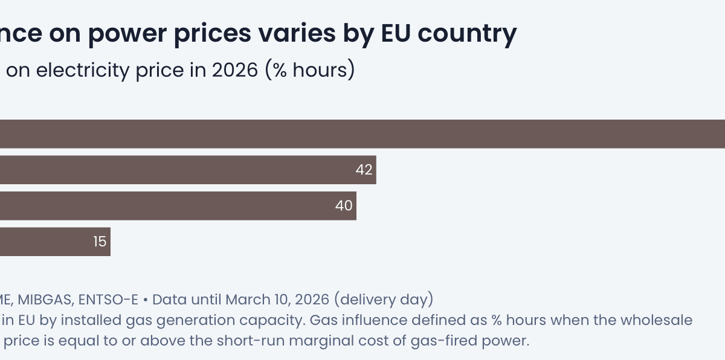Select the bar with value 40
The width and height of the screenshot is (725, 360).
[x=175, y=206]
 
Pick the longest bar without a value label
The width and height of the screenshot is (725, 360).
[x=362, y=133]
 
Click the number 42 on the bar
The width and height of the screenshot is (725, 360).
[x=364, y=170]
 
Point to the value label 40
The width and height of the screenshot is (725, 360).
[x=344, y=206]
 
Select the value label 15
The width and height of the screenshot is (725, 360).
[x=100, y=242]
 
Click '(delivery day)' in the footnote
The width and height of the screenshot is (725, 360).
[x=384, y=299]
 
